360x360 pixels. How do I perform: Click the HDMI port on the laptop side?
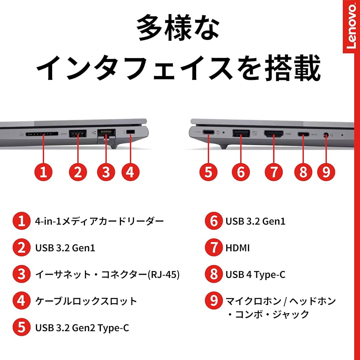pos(274,135)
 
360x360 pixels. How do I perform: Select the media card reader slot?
pos(42,134)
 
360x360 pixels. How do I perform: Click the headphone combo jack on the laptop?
pos(326,135)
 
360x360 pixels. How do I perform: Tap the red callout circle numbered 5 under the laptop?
pos(208,172)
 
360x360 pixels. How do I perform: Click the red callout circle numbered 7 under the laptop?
pos(274,172)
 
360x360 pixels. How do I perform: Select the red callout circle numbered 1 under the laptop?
pos(43,172)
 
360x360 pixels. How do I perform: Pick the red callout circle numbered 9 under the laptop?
pos(326,172)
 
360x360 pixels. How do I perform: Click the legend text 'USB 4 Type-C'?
pos(255,275)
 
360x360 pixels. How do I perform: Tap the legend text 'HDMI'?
pos(237,248)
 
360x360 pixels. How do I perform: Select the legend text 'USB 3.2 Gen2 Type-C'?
pos(82,328)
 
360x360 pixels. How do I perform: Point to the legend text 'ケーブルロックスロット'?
pos(86,301)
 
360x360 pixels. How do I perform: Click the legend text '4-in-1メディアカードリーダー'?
pos(99,221)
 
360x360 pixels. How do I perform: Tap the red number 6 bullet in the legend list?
pos(214,221)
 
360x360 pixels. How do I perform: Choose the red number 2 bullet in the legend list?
pos(22,248)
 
